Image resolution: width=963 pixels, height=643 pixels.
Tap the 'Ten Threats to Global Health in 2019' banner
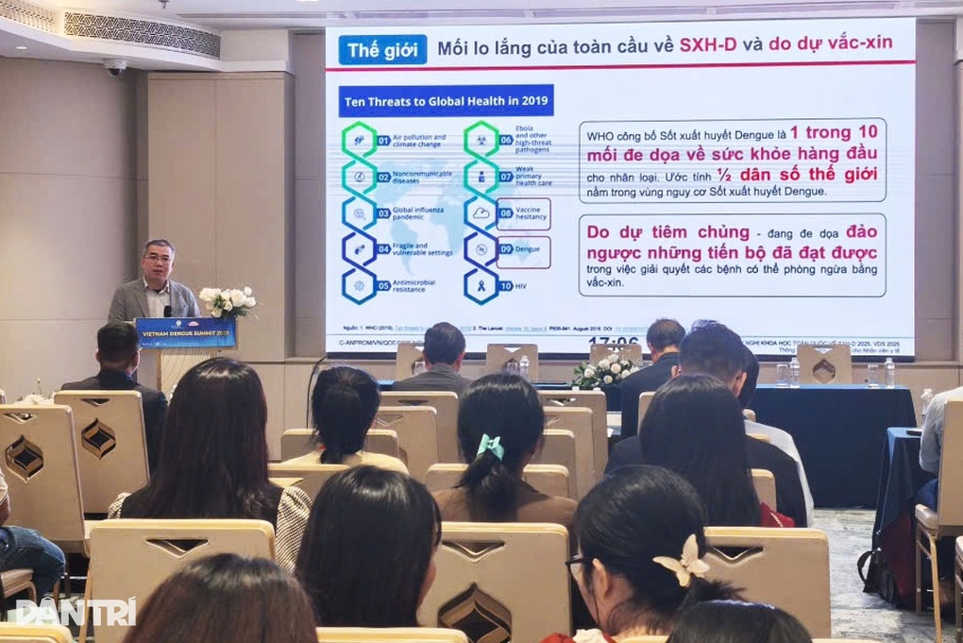pos(446,101)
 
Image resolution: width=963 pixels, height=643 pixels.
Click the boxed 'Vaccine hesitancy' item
pos(523,214)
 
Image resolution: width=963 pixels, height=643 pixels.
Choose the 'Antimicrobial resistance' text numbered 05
pos(418,286)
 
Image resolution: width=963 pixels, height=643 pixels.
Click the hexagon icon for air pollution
pos(359,140)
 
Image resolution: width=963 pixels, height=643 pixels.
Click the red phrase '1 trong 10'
pos(833,132)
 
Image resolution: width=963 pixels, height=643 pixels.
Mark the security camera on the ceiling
pos(115,67)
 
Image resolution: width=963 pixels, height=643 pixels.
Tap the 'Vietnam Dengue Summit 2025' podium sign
pos(185,332)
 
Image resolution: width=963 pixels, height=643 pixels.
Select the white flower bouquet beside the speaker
pos(228,301)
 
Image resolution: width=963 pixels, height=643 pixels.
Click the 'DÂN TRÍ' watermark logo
pos(76,612)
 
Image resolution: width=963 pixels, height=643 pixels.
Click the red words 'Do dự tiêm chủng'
pos(667,232)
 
